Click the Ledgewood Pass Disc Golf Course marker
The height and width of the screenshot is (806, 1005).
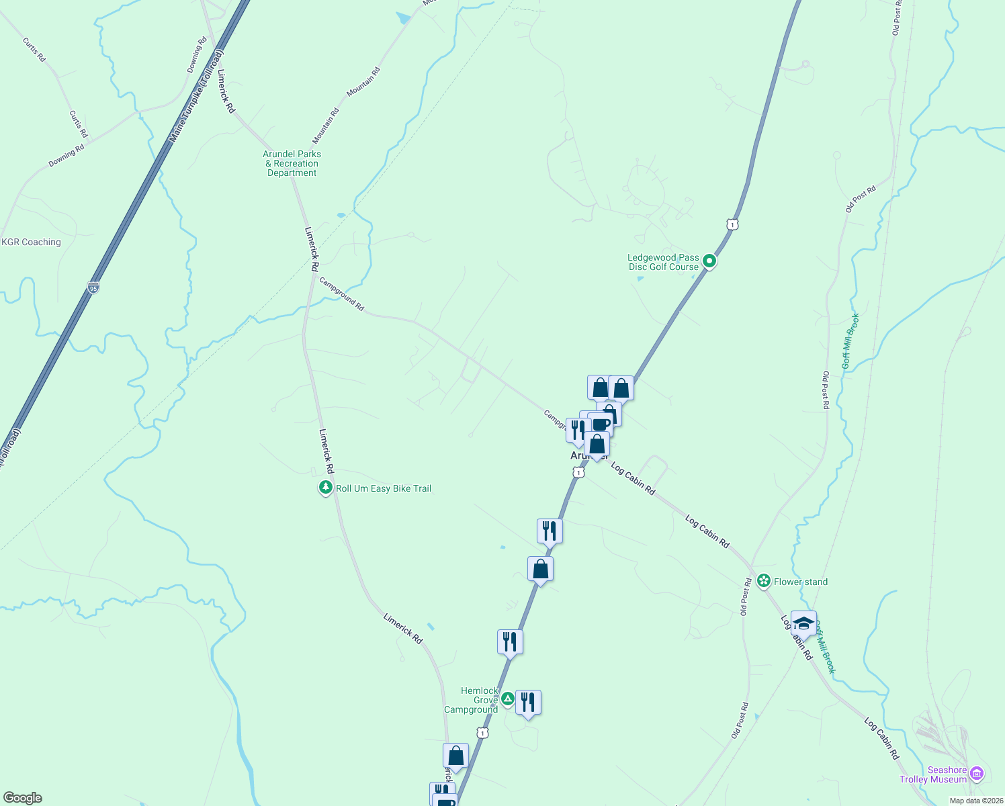click(709, 262)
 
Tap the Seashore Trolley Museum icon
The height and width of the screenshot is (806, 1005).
click(977, 774)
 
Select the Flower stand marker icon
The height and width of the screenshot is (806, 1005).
click(764, 581)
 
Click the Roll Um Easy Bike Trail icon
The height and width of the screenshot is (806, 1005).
click(326, 488)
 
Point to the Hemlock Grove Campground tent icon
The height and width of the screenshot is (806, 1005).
click(508, 699)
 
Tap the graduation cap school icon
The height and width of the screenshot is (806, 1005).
click(803, 624)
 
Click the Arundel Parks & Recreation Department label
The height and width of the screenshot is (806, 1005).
click(292, 163)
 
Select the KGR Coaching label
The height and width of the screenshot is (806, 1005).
click(32, 242)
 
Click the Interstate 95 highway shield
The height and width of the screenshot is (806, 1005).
click(93, 287)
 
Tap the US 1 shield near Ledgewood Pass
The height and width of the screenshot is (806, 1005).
click(732, 224)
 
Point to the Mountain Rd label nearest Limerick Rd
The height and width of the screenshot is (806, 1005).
click(326, 126)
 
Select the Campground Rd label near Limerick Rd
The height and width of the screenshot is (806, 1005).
click(341, 294)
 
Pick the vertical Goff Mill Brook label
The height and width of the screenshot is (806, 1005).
click(850, 341)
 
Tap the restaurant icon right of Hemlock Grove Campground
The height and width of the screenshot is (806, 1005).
click(528, 703)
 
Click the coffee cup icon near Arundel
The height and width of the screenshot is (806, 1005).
click(601, 424)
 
